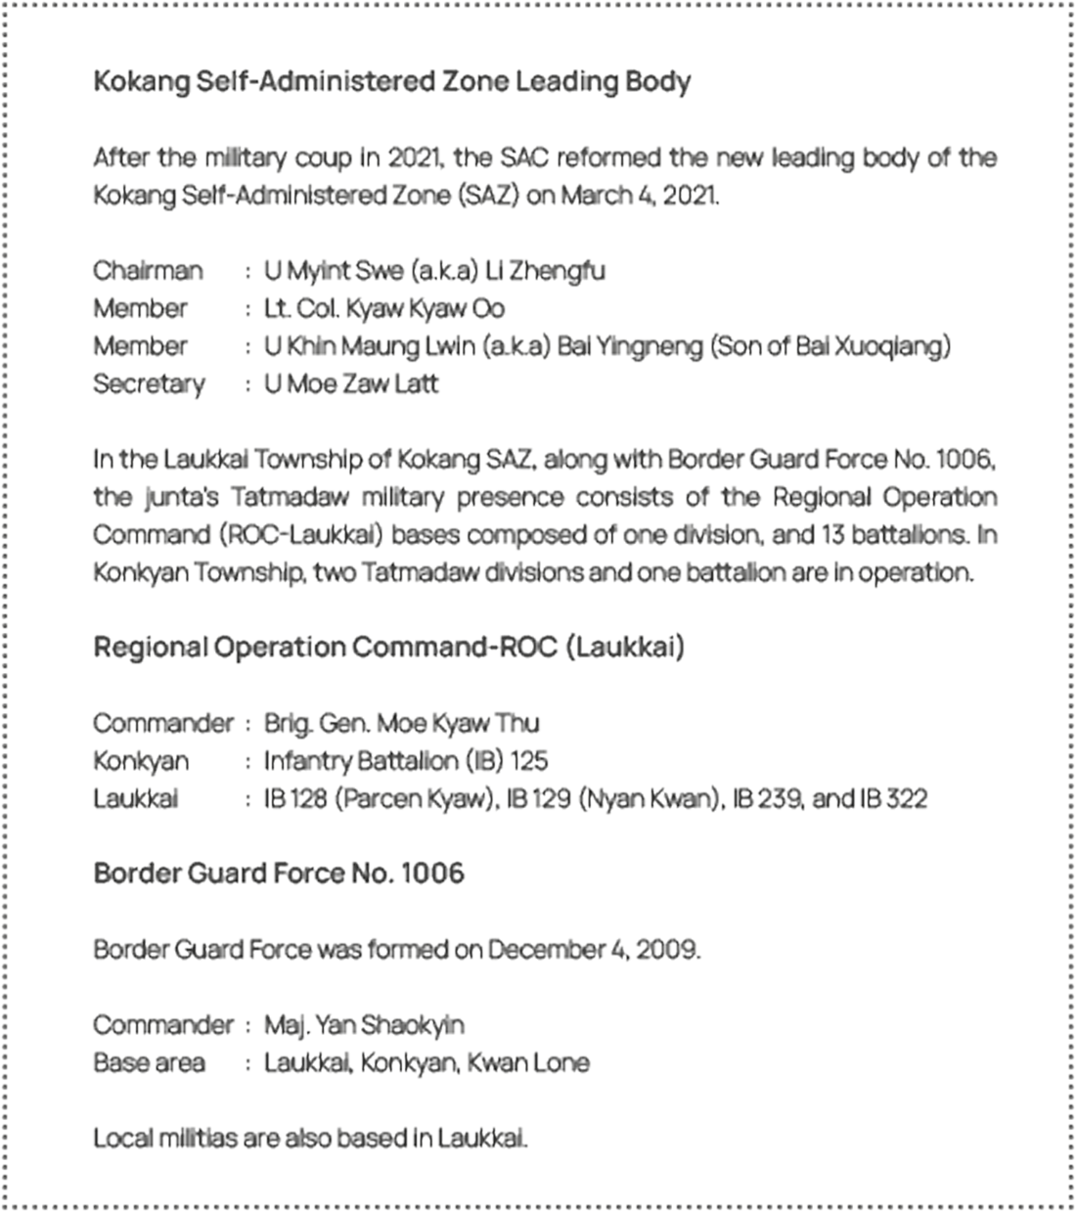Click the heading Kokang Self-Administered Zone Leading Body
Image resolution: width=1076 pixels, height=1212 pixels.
[391, 80]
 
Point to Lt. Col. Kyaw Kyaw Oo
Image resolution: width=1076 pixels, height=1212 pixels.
[384, 308]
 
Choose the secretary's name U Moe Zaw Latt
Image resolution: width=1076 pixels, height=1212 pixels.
[351, 383]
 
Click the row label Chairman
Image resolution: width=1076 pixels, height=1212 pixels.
[148, 270]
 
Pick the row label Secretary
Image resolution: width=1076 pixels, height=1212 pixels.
[149, 383]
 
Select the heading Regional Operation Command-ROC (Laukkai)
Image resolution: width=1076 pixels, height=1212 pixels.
[388, 648]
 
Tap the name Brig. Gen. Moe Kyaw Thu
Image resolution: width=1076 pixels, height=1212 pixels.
[401, 723]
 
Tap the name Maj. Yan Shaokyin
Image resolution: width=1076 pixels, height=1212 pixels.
[364, 1025]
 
